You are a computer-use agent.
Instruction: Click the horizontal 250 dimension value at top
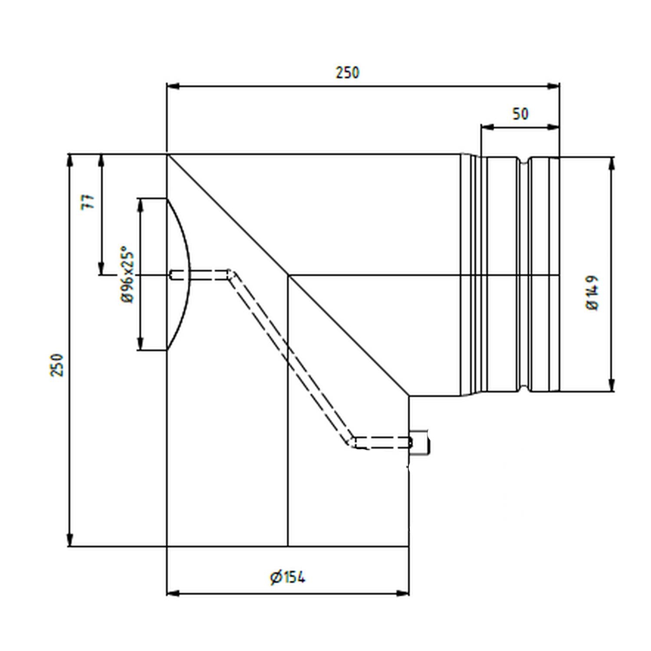347,72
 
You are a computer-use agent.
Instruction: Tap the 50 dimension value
520,114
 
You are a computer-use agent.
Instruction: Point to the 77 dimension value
89,202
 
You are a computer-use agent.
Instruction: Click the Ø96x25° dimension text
127,274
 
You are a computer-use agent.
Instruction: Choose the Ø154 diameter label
287,578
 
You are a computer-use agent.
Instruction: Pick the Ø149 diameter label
592,292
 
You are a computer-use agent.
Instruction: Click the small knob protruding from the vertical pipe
420,443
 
